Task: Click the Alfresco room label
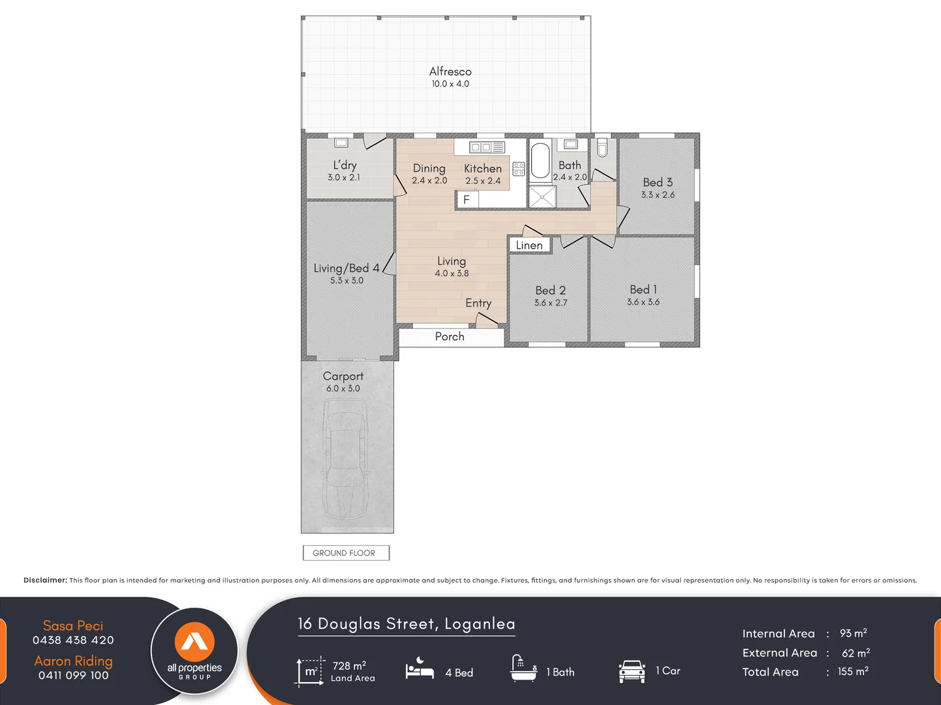[450, 72]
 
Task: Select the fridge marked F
[466, 200]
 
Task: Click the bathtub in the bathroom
[540, 161]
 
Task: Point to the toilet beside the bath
[602, 148]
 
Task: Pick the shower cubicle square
[542, 196]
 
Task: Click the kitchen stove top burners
[519, 169]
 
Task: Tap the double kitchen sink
[487, 147]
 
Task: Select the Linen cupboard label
[529, 245]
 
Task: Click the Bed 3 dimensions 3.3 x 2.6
[658, 195]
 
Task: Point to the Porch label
[450, 337]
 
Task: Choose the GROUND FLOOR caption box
[345, 553]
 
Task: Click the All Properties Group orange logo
[194, 642]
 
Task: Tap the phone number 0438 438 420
[73, 640]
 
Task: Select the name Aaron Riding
[73, 661]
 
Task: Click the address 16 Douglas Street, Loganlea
[407, 624]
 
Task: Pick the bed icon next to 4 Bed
[420, 670]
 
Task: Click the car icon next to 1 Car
[632, 671]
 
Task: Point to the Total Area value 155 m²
[852, 671]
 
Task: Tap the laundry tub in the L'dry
[341, 142]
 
